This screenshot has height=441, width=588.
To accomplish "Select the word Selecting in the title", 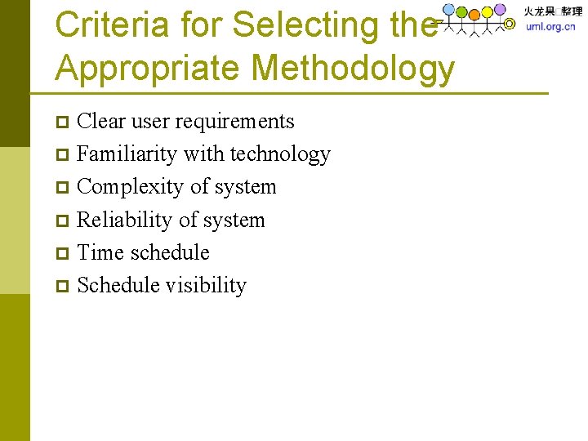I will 301,24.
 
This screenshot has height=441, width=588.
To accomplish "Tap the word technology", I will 280,154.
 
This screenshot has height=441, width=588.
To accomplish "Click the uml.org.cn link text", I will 550,27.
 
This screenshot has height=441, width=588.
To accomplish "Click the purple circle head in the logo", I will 500,10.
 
